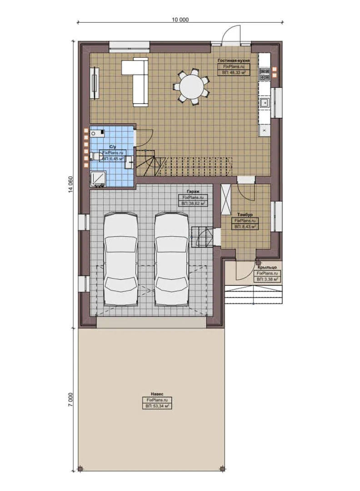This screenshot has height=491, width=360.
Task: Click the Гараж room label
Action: [194, 191]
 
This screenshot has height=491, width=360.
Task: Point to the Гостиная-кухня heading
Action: [233, 60]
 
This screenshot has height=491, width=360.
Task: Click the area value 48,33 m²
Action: [234, 72]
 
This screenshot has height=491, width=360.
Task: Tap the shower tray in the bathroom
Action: [98, 179]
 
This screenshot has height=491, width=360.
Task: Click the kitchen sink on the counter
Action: [264, 103]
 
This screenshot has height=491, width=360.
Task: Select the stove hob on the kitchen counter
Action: [264, 74]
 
